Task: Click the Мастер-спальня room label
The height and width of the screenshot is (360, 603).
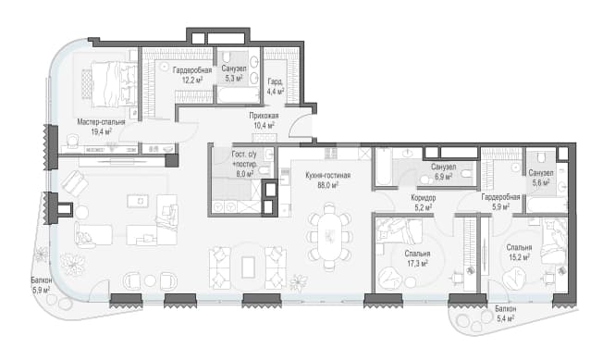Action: coord(101,122)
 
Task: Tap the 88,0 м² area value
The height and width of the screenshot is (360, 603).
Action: coord(327,185)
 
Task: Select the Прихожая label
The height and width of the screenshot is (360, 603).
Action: coord(264,116)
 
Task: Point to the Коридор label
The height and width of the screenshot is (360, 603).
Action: coord(423,198)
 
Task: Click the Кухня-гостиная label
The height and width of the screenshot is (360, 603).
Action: coord(327,176)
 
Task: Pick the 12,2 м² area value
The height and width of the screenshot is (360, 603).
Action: coord(192,80)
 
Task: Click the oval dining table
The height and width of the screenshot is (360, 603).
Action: coord(329,237)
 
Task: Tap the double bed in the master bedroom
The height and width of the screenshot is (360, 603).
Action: coord(110,83)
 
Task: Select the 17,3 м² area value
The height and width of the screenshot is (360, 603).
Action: coord(417,264)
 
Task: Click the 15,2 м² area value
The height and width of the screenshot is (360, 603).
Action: coord(519,257)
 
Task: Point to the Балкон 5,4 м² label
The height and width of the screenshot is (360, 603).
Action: coord(505,314)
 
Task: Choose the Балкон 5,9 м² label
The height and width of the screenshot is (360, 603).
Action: coord(41,285)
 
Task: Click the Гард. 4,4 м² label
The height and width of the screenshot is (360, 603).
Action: coord(276,87)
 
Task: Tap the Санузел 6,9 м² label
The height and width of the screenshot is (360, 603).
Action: coord(443,171)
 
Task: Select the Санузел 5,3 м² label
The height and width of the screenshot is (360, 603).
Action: coord(234,73)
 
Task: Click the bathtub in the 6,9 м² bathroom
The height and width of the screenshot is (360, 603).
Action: coord(382,167)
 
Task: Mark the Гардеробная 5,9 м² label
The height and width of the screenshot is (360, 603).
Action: coord(500,202)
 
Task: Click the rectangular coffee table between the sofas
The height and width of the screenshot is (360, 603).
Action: coord(248,267)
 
